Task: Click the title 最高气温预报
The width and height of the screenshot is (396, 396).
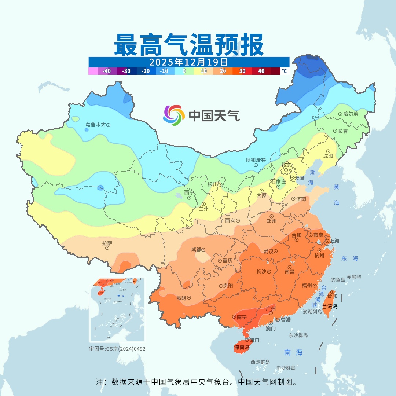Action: (188, 45)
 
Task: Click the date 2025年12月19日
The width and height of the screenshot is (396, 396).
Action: (188, 62)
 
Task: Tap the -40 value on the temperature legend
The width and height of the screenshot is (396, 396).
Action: (107, 71)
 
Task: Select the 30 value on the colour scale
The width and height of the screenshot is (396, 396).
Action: (242, 71)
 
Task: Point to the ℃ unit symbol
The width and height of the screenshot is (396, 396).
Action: (284, 71)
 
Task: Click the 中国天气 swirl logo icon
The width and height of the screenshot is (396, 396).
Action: (174, 115)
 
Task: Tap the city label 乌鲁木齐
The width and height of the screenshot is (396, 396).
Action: (95, 125)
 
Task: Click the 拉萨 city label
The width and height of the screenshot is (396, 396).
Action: (107, 243)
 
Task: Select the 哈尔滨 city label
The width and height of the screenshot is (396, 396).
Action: (351, 114)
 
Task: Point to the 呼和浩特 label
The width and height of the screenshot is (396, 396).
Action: (256, 160)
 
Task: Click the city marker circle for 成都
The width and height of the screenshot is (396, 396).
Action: (203, 250)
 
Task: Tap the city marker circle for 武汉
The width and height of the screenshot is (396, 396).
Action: (275, 252)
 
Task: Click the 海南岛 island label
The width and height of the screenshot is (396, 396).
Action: (242, 347)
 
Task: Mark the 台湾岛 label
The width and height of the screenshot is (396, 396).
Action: (330, 307)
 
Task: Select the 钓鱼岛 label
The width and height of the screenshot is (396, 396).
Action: (338, 280)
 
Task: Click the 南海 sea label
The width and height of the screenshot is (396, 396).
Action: (294, 352)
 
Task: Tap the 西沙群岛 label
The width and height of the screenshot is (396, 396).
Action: (260, 362)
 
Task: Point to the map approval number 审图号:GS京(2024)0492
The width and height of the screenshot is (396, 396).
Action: (117, 349)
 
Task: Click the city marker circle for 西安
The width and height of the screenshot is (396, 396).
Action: (238, 221)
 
